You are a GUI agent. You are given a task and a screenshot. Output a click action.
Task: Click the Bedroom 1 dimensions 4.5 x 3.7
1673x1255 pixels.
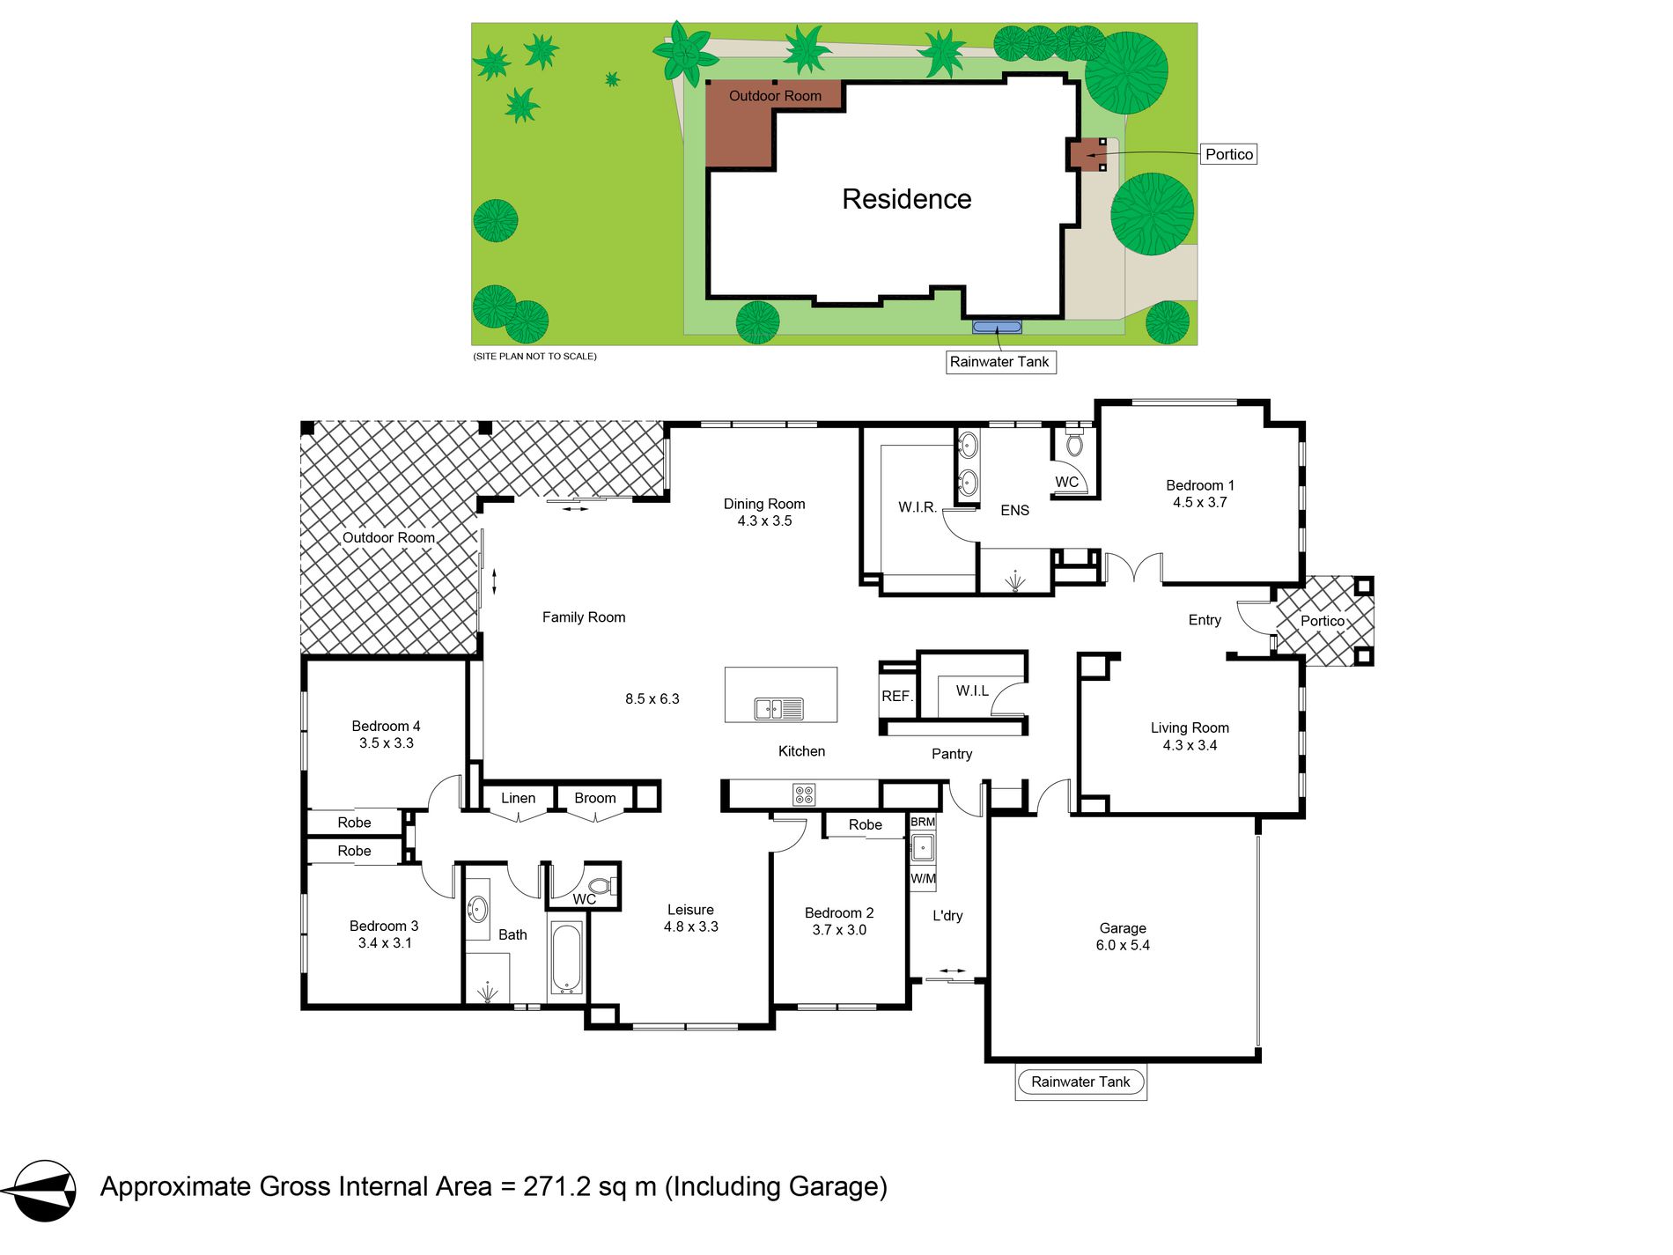tap(1199, 503)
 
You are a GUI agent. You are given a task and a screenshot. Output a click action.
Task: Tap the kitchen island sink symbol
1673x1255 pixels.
tap(778, 708)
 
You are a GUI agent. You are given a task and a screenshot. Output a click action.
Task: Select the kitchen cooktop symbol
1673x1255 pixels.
tap(804, 794)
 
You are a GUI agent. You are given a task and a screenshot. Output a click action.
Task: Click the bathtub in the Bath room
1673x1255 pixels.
tap(566, 958)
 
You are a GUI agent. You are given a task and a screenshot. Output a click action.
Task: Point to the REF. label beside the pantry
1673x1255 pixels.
tap(896, 697)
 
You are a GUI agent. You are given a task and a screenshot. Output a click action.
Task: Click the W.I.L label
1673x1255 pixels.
tap(972, 691)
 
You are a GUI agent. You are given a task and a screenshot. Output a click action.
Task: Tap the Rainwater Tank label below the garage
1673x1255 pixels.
tap(1080, 1082)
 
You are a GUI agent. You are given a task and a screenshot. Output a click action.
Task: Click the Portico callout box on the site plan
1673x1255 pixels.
tap(1228, 155)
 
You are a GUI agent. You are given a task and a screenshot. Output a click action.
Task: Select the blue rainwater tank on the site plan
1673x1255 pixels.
tap(997, 328)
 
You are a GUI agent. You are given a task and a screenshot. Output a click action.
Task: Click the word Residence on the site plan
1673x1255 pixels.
tap(906, 199)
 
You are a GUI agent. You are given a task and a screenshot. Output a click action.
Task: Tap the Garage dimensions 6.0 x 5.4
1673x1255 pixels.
tap(1123, 946)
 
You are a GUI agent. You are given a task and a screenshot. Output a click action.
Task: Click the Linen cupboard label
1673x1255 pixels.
tap(518, 799)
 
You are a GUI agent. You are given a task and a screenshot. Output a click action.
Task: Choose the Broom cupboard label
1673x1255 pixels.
tap(595, 799)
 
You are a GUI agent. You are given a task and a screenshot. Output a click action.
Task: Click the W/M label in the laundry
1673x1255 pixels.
tap(923, 879)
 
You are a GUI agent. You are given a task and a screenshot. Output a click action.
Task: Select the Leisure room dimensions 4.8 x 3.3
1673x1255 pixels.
tap(691, 927)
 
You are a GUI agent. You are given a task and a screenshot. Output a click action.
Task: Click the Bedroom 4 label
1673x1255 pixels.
tap(386, 727)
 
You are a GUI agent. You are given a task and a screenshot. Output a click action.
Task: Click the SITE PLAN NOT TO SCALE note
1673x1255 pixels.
tap(535, 357)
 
